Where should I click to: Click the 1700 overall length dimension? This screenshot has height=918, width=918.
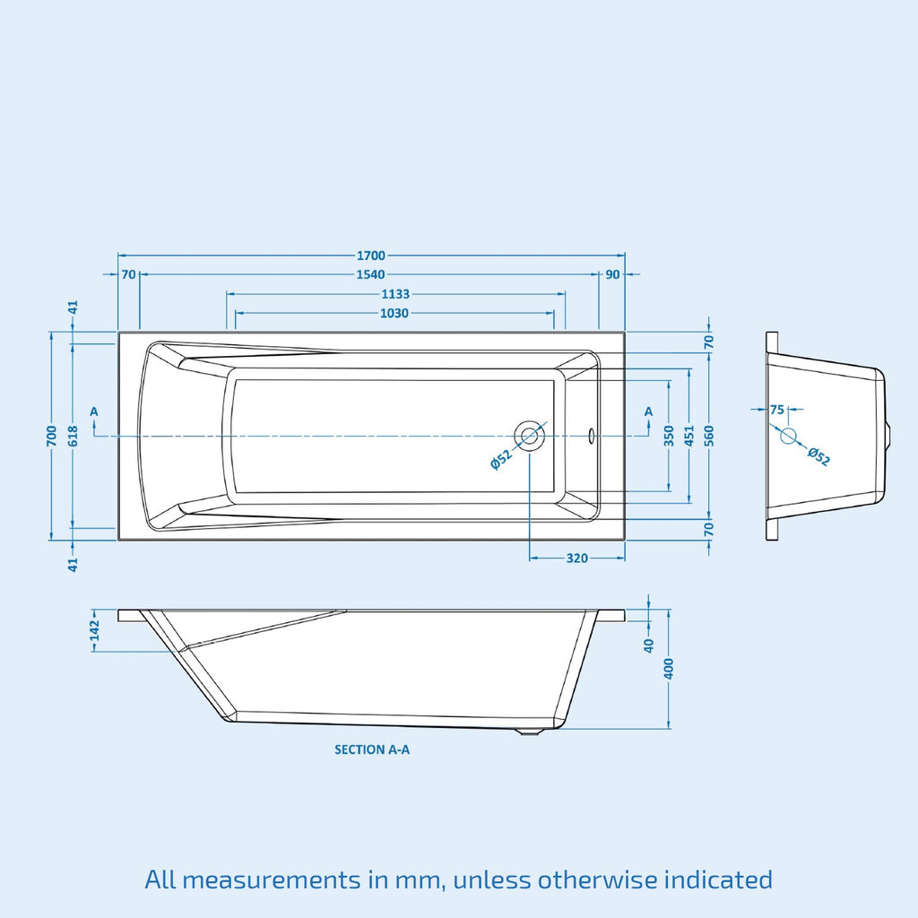tap(371, 255)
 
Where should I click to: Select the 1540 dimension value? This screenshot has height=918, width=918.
tap(370, 274)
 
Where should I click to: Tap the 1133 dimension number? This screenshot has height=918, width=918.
tap(395, 294)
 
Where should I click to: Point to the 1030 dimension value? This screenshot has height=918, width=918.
tap(394, 313)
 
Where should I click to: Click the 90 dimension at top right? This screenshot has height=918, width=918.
tap(612, 274)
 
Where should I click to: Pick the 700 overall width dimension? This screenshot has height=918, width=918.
tap(52, 437)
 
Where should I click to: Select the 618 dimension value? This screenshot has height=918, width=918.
tap(74, 437)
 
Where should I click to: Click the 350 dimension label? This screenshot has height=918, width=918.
tap(670, 437)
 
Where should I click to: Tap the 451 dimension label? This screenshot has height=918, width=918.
tap(689, 437)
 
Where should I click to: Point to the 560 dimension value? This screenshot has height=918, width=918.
tap(709, 437)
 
